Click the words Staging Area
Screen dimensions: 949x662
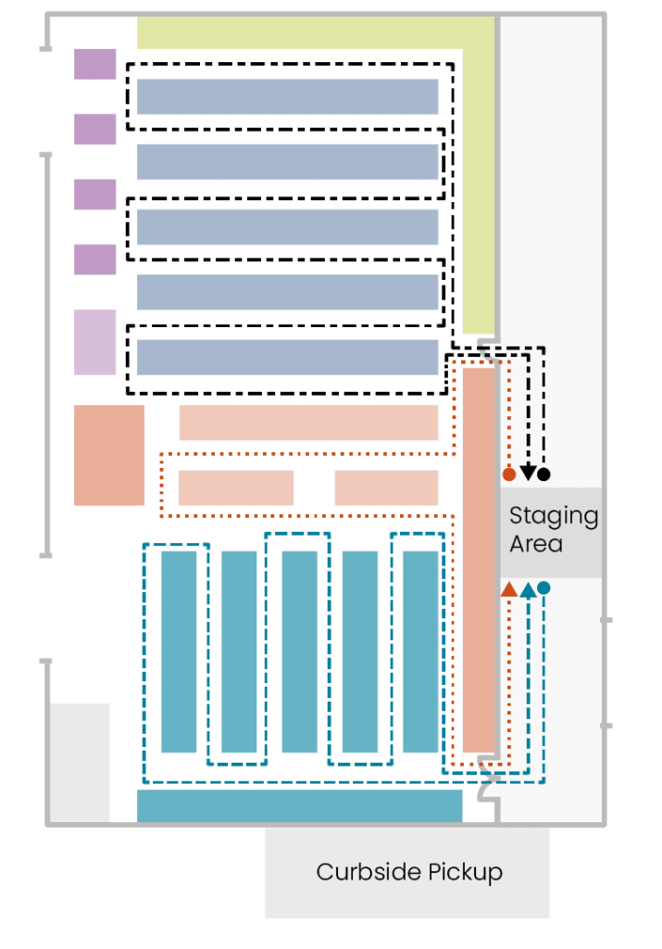tap(553, 529)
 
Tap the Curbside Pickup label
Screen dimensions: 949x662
tap(409, 872)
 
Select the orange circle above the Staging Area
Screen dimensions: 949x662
tap(508, 474)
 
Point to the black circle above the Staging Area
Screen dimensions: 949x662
tap(543, 474)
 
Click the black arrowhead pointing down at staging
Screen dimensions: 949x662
tap(527, 474)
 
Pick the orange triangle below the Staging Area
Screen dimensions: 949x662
tap(508, 588)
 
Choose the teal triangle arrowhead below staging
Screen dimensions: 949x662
tap(527, 588)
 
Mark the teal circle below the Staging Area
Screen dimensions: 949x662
tap(543, 588)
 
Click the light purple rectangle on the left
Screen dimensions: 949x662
tap(95, 342)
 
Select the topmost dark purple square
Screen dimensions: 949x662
tap(95, 64)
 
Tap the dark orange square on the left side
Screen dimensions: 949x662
tap(109, 455)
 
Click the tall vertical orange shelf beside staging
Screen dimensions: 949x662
tap(479, 560)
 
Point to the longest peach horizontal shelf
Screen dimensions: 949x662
tap(308, 423)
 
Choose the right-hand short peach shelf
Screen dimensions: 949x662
tap(386, 487)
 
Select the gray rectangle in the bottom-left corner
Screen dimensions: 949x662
tap(80, 762)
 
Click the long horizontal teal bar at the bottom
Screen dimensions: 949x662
tap(299, 804)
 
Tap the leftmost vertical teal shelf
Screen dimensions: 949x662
tap(179, 652)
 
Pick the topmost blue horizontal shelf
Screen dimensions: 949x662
tap(287, 96)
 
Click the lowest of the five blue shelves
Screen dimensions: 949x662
tap(287, 357)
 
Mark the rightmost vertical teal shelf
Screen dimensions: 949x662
tap(420, 652)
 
